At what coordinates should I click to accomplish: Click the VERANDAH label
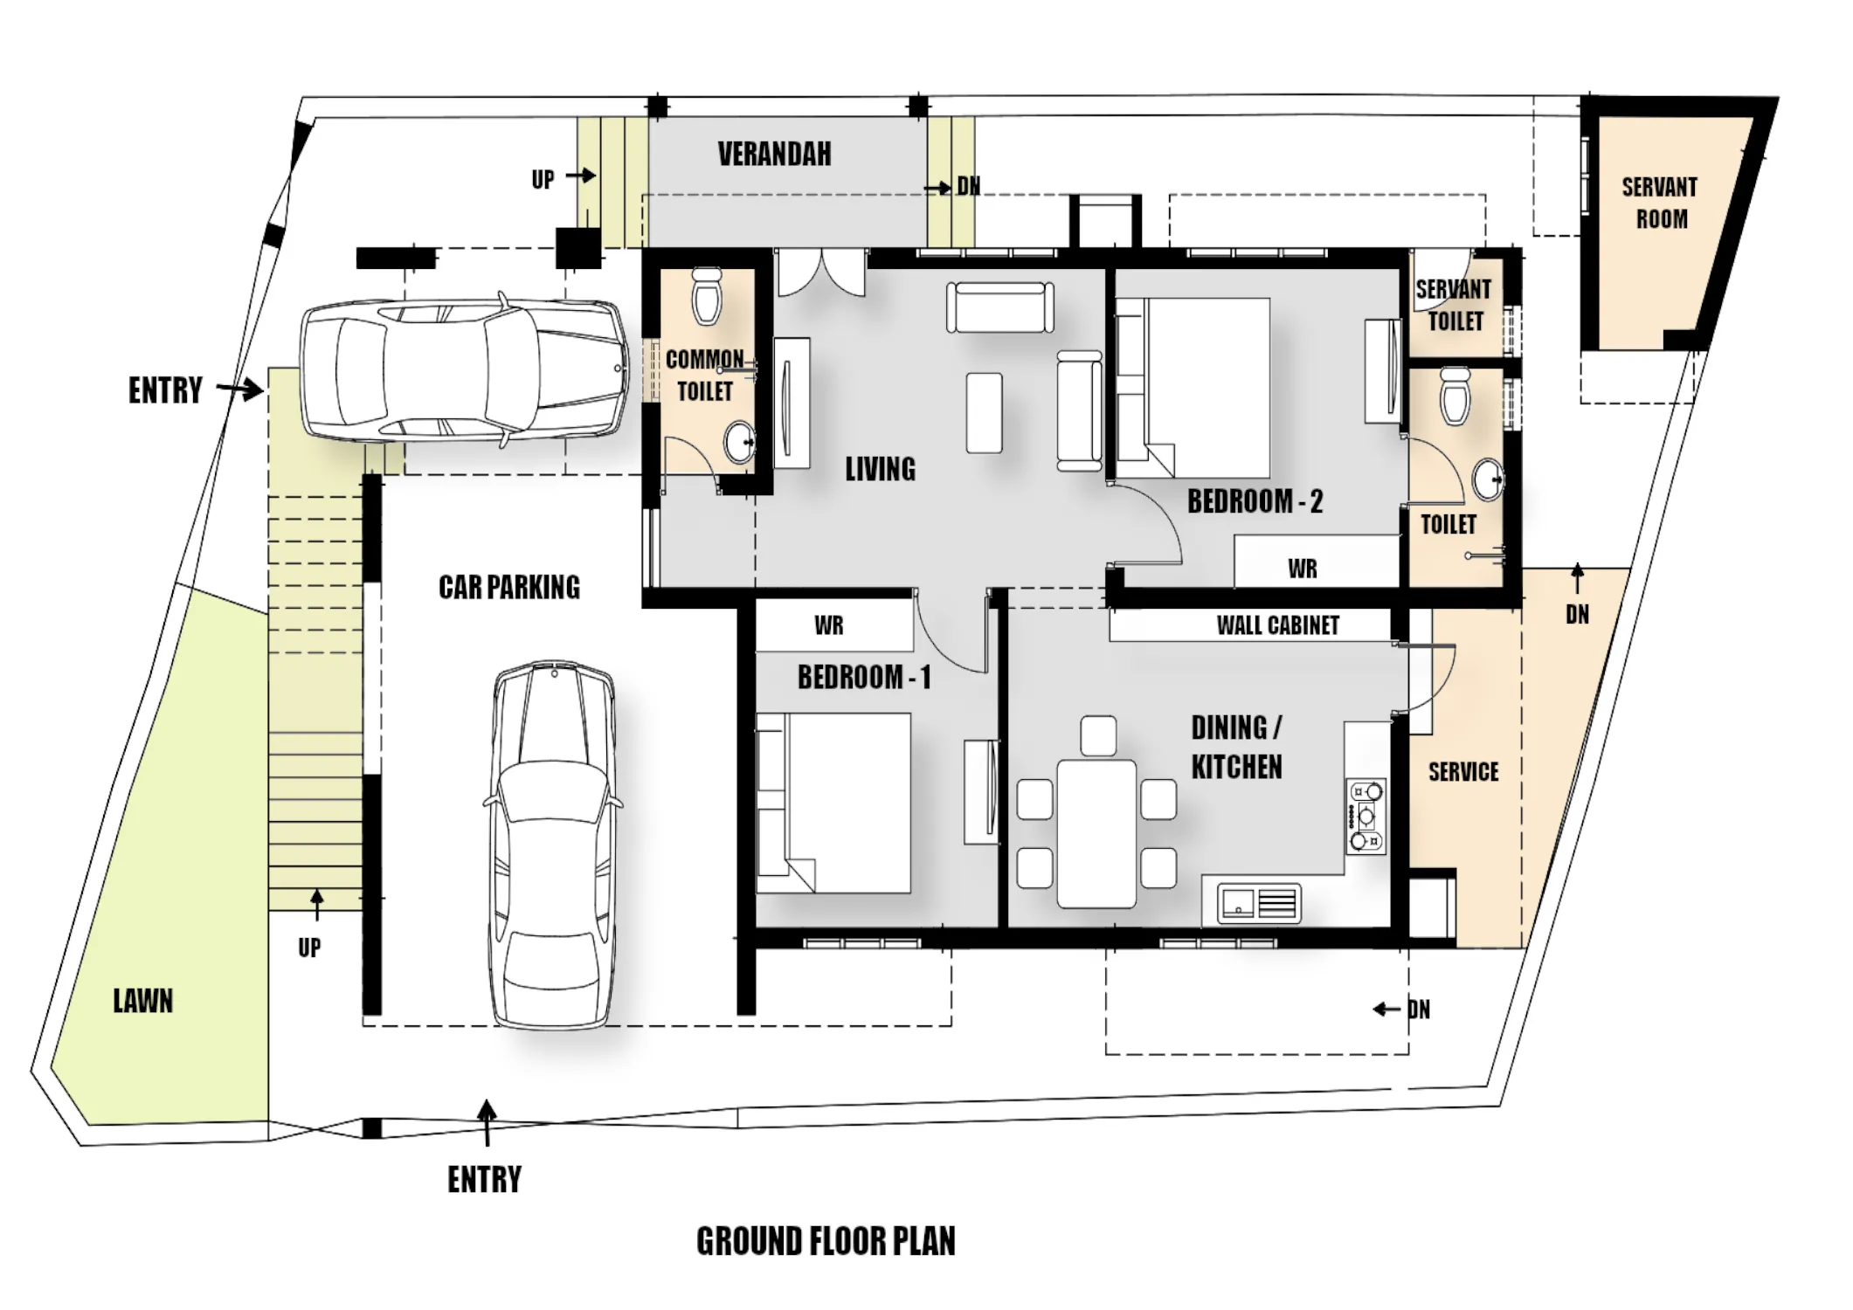point(774,155)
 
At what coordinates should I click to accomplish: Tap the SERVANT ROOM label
point(1660,203)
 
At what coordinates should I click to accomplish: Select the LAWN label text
point(143,1001)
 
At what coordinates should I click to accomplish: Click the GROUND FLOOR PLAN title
point(826,1241)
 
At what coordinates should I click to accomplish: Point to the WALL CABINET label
point(1277,625)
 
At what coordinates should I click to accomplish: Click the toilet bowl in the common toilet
point(707,295)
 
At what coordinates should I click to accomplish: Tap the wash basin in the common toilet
point(739,443)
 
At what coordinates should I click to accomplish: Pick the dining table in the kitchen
point(1096,834)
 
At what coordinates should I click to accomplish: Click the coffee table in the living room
point(984,412)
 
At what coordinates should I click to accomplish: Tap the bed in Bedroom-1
point(833,803)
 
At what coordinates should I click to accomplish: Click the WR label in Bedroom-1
point(829,625)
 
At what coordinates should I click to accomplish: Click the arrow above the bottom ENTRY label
point(487,1122)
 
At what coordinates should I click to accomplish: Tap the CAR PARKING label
point(509,587)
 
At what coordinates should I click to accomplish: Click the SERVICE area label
point(1463,772)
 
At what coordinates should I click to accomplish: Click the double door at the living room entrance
point(821,274)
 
